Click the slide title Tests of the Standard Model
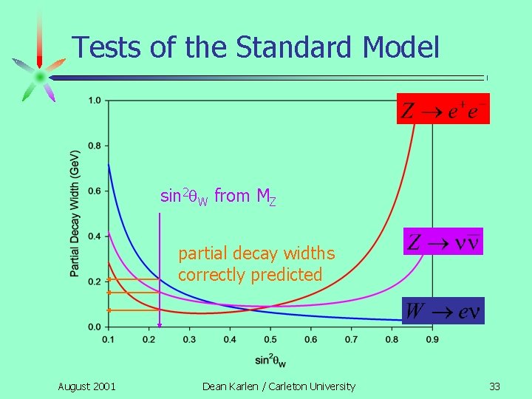[x=256, y=47]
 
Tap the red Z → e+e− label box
[x=442, y=109]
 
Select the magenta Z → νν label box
[x=443, y=241]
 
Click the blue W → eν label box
[x=443, y=311]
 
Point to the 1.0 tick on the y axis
[x=95, y=100]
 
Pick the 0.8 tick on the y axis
[x=95, y=146]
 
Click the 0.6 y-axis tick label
[x=95, y=191]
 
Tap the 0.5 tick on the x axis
[x=270, y=339]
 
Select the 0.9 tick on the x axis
[x=432, y=339]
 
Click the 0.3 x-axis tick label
[x=188, y=339]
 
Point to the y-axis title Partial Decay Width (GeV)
[x=75, y=214]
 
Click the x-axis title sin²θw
[x=270, y=360]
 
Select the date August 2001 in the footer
[x=86, y=386]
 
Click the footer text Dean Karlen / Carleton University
[x=279, y=386]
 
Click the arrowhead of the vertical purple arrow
[x=159, y=323]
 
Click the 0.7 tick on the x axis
[x=351, y=339]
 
